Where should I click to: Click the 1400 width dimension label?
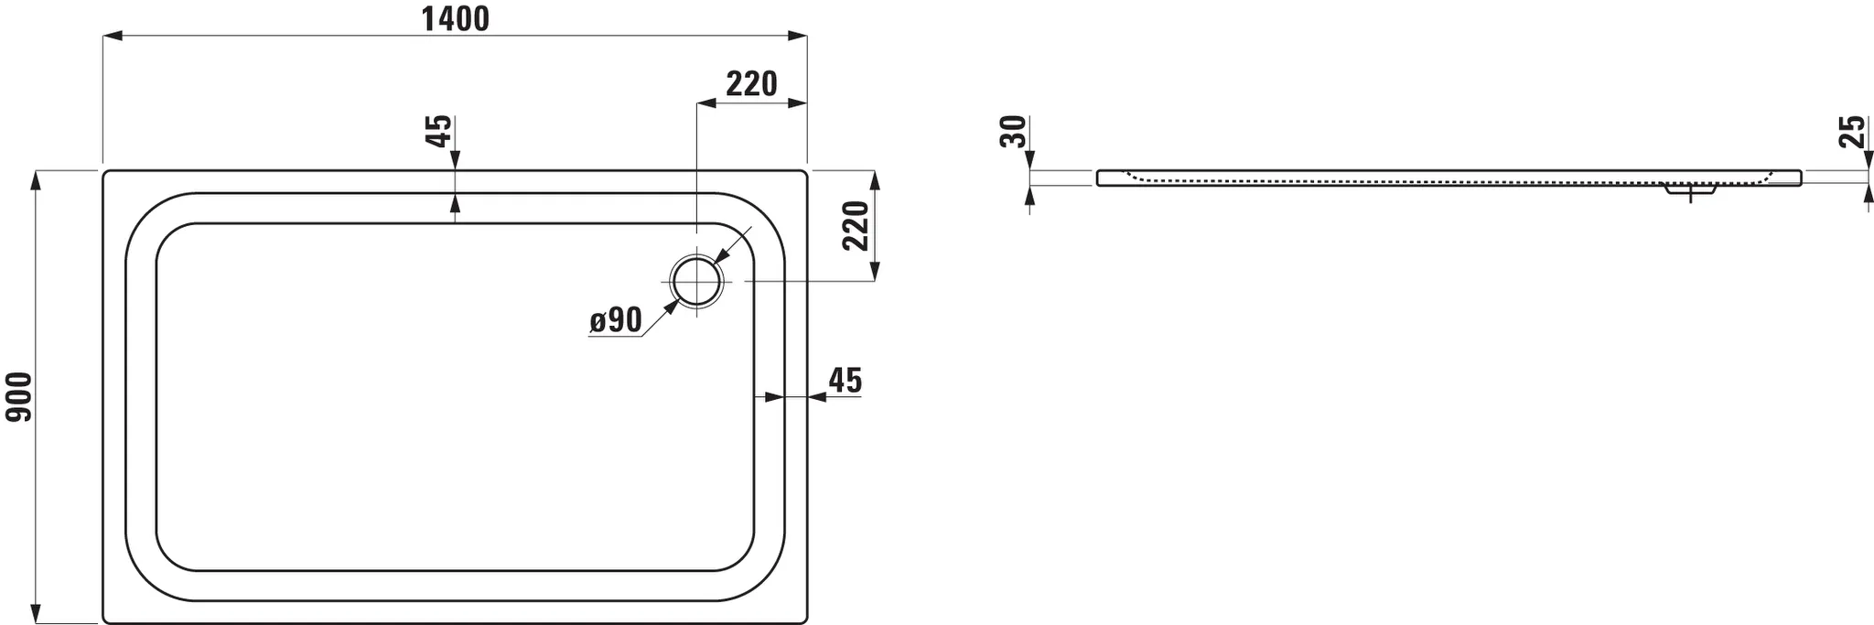(455, 18)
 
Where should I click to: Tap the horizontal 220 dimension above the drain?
(751, 84)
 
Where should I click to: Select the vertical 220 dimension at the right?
(855, 226)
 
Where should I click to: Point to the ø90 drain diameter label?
(615, 320)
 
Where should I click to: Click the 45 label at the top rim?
(439, 131)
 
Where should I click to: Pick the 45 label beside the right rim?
(845, 381)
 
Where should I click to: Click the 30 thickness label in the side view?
(1013, 132)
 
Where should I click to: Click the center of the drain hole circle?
(697, 282)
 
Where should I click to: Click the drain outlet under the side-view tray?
(1689, 192)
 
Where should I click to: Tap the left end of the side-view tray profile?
(1099, 178)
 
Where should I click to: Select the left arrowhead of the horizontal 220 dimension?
(705, 103)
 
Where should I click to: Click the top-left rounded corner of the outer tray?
(106, 174)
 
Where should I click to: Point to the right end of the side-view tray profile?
(1800, 177)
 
